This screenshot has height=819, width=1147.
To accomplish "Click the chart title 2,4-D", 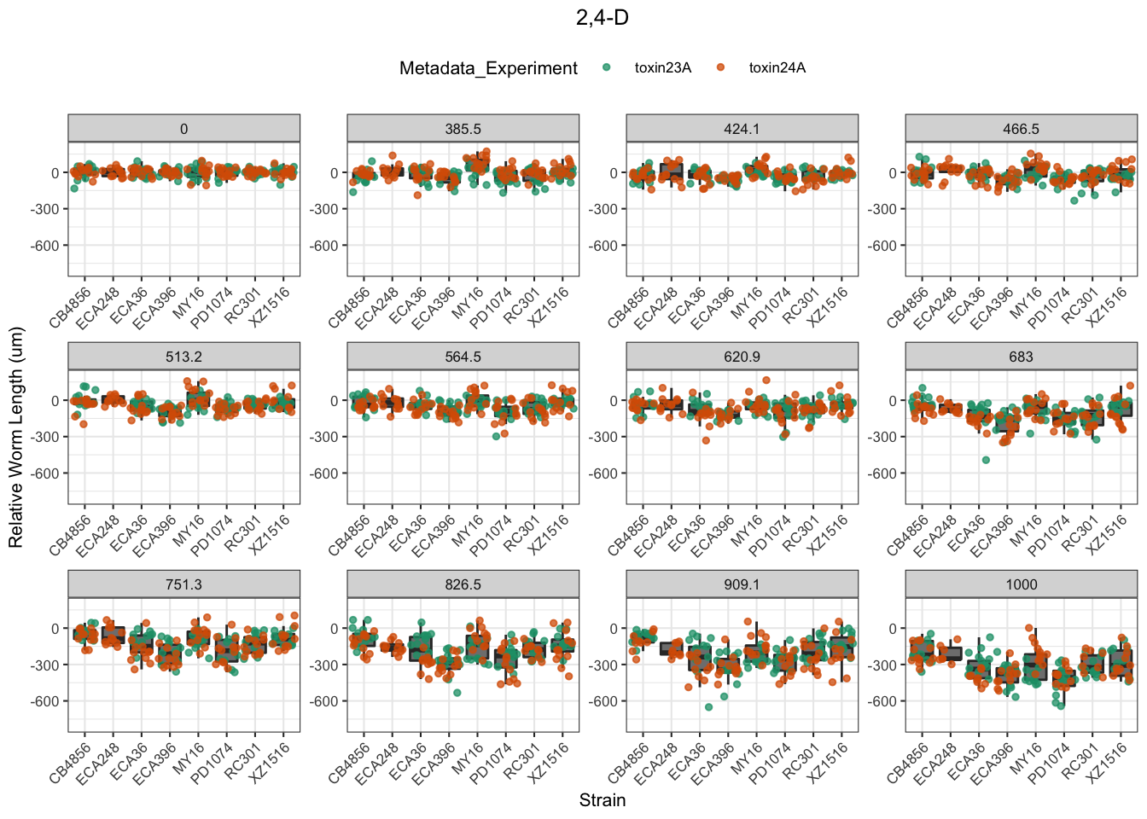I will click(x=603, y=17).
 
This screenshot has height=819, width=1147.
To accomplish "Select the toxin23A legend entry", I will click(x=662, y=68).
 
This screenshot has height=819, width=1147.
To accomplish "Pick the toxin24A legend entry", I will click(x=777, y=68).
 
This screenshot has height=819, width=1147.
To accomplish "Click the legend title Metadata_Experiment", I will click(x=488, y=68).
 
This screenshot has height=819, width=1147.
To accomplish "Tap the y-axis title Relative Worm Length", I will click(x=16, y=438).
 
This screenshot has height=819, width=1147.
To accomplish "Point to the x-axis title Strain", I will click(x=603, y=800).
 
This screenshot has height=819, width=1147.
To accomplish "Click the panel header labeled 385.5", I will click(x=463, y=129).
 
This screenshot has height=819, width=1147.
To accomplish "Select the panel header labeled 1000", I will click(x=1021, y=584).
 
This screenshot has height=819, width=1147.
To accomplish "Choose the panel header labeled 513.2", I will click(x=183, y=357).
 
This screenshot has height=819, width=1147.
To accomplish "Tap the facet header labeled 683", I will click(x=1021, y=357).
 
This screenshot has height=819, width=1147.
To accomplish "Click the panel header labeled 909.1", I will click(x=742, y=584).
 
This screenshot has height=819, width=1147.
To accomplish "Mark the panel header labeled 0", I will click(x=183, y=129).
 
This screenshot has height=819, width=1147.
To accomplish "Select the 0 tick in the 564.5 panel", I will click(x=335, y=401).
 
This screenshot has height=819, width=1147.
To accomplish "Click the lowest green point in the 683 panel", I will click(x=986, y=460).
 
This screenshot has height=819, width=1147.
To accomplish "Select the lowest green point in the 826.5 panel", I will click(x=457, y=693).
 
